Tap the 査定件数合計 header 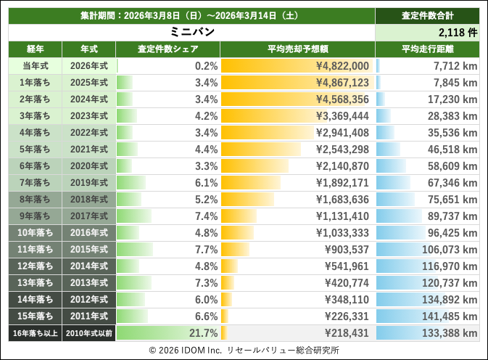point(428,15)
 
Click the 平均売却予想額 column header point(298,49)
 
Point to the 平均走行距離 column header point(428,49)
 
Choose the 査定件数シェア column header point(168,49)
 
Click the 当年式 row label point(35,66)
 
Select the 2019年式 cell point(88,183)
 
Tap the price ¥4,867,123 point(343,83)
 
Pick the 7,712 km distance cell point(454,66)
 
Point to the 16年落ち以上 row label point(35,333)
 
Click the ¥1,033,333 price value point(343,233)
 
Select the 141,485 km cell point(449,316)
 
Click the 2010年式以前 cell point(88,333)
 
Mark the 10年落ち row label point(35,233)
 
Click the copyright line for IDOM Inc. point(244,350)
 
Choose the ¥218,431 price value point(346,333)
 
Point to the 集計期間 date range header point(191,15)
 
